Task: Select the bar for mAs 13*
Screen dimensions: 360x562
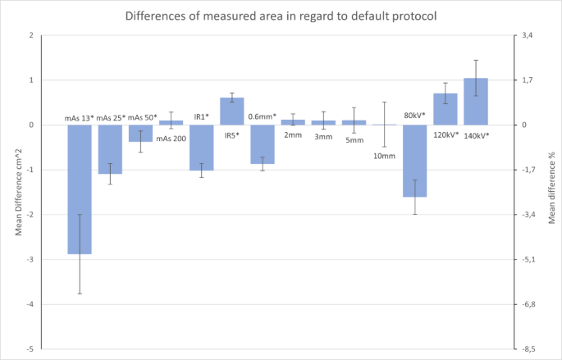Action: click(80, 189)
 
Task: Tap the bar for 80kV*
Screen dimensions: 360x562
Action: click(415, 161)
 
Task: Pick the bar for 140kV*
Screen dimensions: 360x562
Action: click(476, 102)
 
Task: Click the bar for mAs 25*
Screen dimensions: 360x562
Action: click(110, 149)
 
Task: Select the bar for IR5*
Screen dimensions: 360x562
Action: click(232, 112)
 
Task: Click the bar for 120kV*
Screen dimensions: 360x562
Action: click(445, 109)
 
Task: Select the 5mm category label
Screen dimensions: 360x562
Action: click(354, 140)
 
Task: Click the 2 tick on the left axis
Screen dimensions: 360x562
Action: click(30, 35)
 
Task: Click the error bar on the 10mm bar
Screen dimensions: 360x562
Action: click(384, 125)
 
